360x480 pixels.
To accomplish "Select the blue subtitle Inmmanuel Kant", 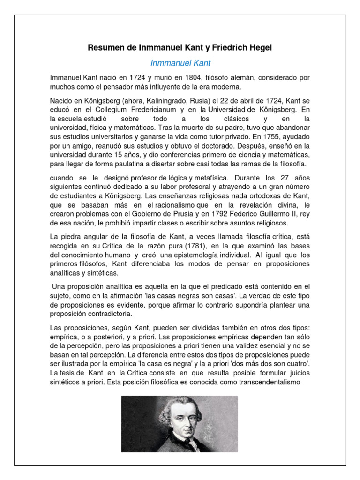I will (x=180, y=63).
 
